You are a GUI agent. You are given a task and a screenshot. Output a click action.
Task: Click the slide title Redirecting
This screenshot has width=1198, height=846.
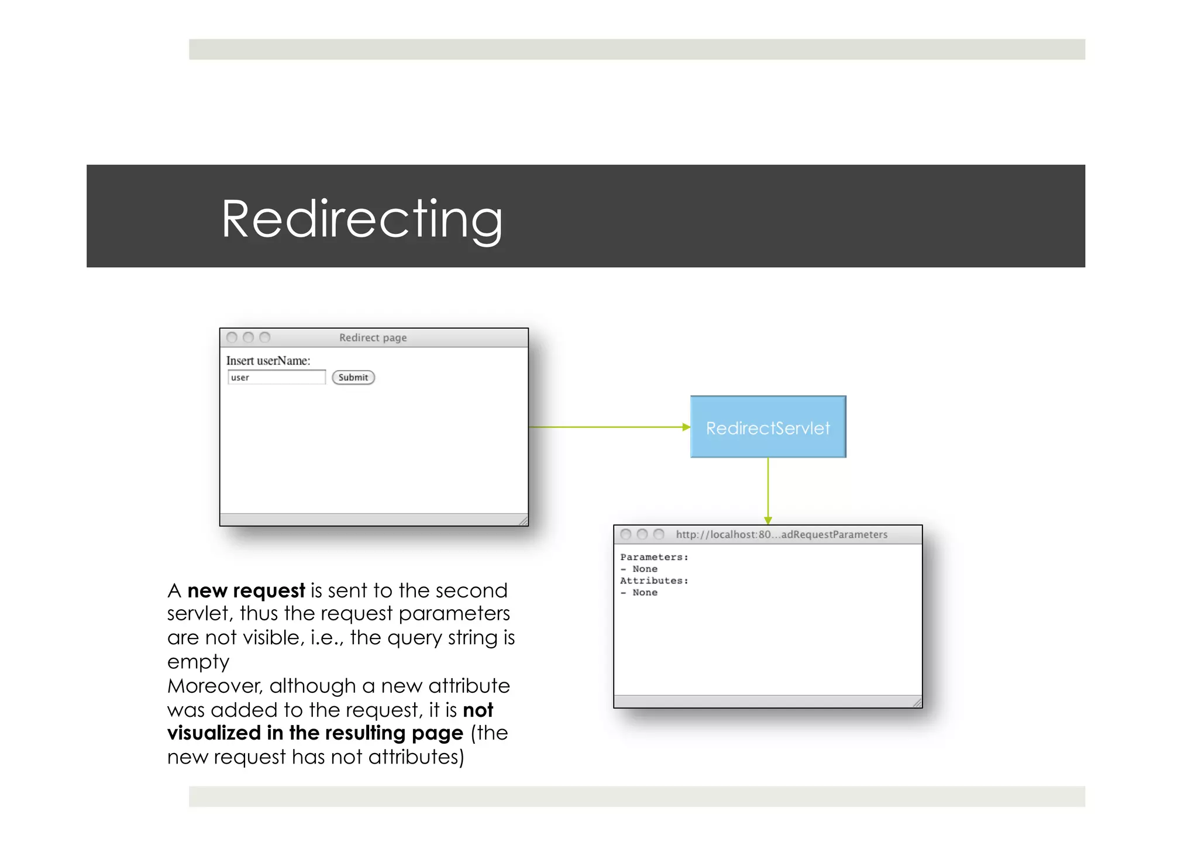coord(362,219)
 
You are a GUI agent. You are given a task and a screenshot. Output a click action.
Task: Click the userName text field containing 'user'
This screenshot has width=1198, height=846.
coord(276,377)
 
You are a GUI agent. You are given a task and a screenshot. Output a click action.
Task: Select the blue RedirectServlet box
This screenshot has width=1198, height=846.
coord(767,427)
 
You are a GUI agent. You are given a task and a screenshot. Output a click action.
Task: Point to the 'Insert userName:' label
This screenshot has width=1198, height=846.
coord(268,361)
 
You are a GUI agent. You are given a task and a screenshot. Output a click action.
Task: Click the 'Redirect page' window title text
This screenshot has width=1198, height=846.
coord(373,338)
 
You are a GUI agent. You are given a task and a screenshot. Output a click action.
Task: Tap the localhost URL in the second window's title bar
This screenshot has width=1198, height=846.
coord(781,534)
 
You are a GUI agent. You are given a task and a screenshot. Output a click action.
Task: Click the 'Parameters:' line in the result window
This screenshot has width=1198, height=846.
coord(654,557)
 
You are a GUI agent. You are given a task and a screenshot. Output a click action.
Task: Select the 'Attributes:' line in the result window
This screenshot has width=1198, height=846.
coord(654,581)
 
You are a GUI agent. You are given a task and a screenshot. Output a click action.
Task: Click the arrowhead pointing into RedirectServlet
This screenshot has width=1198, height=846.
coord(686,427)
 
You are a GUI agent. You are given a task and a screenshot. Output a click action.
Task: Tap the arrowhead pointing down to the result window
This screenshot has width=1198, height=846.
coord(768,520)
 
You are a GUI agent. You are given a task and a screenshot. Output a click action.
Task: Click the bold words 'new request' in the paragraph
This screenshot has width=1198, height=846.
coord(246,591)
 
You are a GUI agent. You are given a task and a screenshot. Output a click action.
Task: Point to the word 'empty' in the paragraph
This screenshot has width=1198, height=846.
coord(198,662)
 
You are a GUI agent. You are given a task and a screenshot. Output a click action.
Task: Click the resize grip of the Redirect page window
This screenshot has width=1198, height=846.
coord(523,520)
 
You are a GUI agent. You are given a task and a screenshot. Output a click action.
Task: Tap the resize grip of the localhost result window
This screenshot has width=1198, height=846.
coord(917,702)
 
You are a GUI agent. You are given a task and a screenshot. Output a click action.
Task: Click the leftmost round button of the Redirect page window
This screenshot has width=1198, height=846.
coord(232,337)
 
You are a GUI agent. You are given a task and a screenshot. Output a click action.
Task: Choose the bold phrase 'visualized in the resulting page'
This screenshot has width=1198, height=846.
coord(315,733)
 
